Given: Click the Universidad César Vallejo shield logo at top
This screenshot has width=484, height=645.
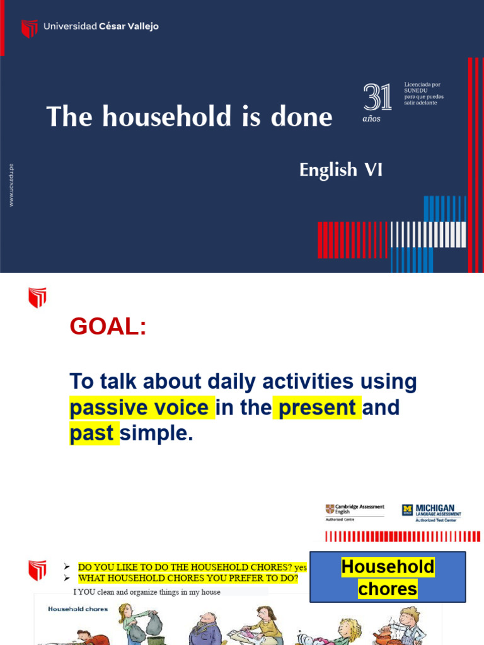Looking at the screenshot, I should (29, 28).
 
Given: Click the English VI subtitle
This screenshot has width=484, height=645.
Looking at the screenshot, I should (340, 170).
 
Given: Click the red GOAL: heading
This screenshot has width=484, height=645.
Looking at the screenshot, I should (108, 327).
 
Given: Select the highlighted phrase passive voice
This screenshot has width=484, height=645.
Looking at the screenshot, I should (139, 408).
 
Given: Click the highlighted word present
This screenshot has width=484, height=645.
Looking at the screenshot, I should (317, 408).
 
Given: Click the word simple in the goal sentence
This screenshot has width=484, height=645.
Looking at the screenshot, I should (156, 434).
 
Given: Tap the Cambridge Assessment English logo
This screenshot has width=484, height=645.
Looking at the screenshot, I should (354, 511).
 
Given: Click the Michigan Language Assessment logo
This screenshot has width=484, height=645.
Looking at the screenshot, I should (432, 511).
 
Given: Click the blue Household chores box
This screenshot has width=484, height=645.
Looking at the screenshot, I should (388, 577).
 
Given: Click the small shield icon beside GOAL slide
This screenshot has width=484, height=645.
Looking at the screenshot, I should (37, 297).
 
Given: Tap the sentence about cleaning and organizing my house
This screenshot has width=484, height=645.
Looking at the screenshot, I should (147, 592).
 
